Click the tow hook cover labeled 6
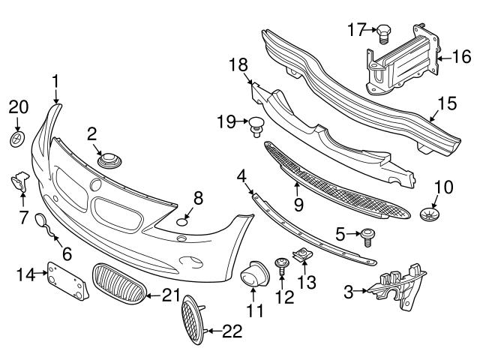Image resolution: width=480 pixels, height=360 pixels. click(x=46, y=224)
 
